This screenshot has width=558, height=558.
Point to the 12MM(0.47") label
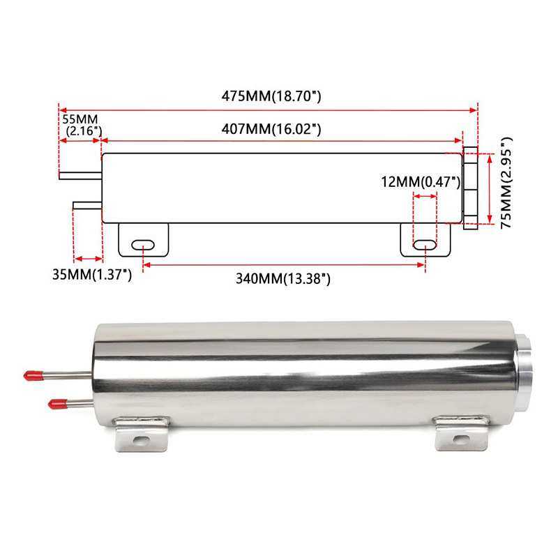[421, 182]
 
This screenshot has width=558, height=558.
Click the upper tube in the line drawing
[80, 175]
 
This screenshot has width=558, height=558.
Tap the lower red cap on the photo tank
[55, 403]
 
